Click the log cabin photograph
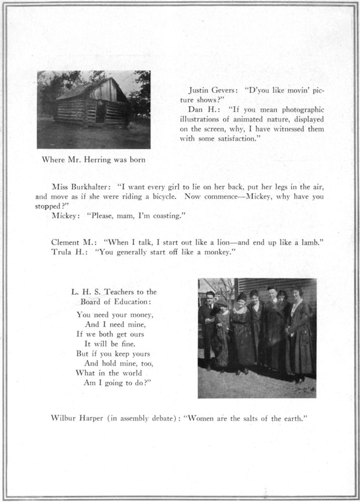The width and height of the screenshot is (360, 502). pyautogui.click(x=93, y=109)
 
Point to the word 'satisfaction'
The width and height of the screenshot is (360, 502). pyautogui.click(x=232, y=138)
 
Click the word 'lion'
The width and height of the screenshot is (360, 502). pyautogui.click(x=215, y=242)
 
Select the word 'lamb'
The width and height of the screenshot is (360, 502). pyautogui.click(x=309, y=242)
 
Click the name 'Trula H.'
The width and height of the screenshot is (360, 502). pyautogui.click(x=69, y=252)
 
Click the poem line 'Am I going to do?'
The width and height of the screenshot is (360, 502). pyautogui.click(x=118, y=382)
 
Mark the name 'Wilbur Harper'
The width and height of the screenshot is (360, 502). pyautogui.click(x=77, y=418)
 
